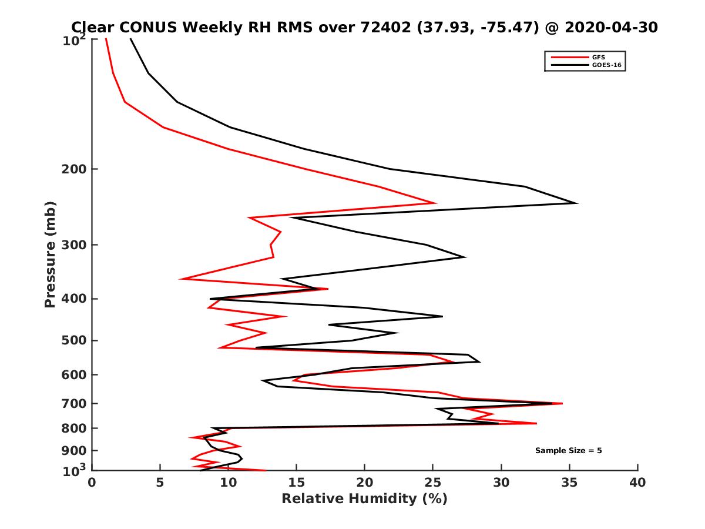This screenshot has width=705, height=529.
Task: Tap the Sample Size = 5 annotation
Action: [568, 451]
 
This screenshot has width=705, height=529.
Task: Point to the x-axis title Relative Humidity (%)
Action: [364, 500]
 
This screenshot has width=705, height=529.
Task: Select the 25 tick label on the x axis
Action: [433, 483]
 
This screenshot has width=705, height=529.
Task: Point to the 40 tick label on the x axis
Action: [637, 483]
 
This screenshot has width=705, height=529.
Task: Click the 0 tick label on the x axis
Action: [92, 483]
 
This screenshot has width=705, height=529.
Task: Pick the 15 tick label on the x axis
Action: [297, 483]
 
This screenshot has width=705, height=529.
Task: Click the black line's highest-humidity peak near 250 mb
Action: [576, 203]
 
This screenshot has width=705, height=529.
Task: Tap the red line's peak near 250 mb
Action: [435, 203]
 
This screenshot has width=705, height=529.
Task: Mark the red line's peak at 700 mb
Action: [562, 403]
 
